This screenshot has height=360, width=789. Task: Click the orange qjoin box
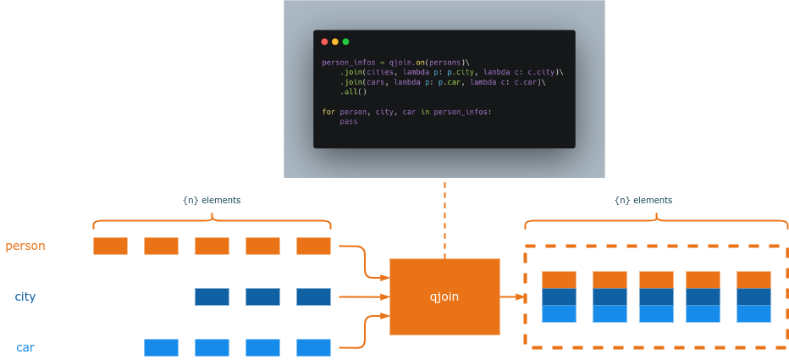coord(444,296)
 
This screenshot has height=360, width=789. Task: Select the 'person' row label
coord(25,246)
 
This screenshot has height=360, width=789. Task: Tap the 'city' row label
coord(25,297)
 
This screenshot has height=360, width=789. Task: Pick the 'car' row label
coord(25,348)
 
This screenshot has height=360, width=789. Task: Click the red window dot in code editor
coord(324,42)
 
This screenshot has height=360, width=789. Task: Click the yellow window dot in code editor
coord(335,42)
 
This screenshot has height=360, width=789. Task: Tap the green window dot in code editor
coord(345,42)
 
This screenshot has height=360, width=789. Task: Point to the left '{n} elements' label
coord(212,201)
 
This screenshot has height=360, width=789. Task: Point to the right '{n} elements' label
coord(643,201)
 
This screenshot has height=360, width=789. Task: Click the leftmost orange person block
coord(110,246)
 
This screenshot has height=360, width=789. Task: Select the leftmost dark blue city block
coord(212,297)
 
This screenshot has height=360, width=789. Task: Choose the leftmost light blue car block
coord(161,348)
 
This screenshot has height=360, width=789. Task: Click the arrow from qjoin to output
coord(513,297)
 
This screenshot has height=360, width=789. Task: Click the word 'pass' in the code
coord(349,122)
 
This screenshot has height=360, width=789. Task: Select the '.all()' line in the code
coord(354,92)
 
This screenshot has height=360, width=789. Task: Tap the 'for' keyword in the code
coord(328,112)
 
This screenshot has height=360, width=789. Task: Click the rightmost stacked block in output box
coord(753,297)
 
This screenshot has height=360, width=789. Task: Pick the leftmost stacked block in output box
coord(559,297)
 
